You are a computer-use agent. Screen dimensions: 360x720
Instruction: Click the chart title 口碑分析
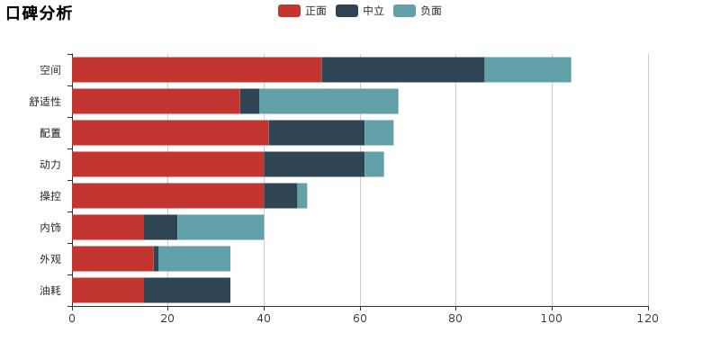(39, 13)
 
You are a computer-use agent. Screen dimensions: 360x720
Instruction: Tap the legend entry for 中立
(360, 11)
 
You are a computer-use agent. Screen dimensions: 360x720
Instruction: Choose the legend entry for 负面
(418, 11)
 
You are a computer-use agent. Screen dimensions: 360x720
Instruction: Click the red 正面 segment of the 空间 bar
(196, 69)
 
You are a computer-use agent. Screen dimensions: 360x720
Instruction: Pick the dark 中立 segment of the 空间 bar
(402, 69)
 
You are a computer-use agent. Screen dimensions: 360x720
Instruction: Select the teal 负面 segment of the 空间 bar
(527, 69)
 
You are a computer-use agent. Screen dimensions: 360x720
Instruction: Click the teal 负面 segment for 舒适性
(328, 101)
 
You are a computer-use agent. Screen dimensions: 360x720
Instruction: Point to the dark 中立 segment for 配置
(316, 132)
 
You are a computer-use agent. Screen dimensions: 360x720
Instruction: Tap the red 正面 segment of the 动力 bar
(167, 164)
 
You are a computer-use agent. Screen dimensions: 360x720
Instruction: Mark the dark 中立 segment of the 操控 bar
(280, 195)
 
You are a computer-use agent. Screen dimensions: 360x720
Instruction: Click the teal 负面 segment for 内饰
(220, 227)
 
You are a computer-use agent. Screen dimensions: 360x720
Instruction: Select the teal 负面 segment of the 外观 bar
(193, 258)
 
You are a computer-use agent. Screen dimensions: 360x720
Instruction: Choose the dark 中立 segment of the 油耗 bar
(186, 290)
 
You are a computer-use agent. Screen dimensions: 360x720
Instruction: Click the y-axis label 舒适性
(45, 102)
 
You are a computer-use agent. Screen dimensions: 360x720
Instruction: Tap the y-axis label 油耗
(50, 291)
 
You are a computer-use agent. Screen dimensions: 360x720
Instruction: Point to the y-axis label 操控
(50, 196)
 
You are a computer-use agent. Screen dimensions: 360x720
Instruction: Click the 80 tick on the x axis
(455, 319)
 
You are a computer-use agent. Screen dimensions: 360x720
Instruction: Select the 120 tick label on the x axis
(648, 319)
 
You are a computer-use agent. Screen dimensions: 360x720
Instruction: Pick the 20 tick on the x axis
(167, 319)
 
